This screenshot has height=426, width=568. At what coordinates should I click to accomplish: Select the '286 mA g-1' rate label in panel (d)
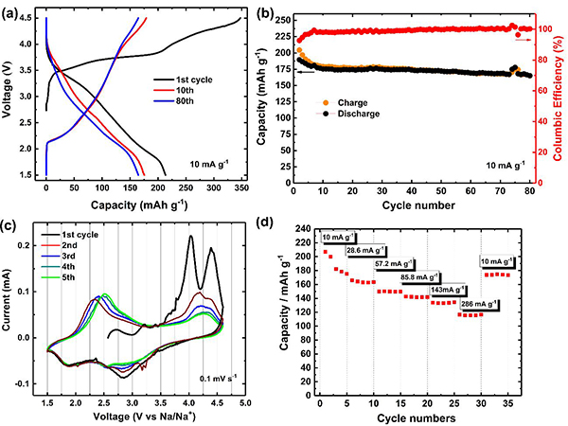coord(481,304)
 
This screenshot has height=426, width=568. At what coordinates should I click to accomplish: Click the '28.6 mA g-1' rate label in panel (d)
coord(370,251)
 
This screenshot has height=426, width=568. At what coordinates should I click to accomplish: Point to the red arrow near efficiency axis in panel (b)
coord(523,40)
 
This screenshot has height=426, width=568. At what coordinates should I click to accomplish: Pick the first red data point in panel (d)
coord(326,252)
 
